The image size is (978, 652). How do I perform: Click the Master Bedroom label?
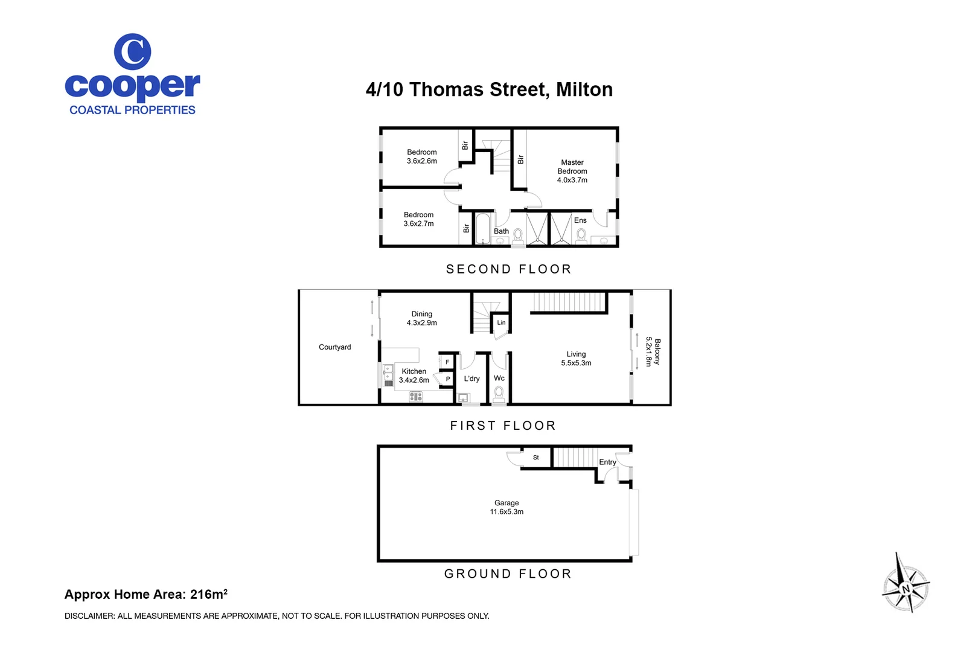tap(572, 171)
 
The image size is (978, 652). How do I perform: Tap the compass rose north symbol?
tap(905, 587)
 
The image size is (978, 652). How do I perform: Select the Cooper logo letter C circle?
tap(132, 52)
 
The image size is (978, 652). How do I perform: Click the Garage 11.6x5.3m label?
tap(507, 507)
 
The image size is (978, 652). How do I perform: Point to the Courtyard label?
tap(334, 347)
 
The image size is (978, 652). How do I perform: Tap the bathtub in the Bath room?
tap(482, 229)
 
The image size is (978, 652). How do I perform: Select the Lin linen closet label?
tap(501, 322)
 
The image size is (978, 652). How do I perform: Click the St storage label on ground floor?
tap(535, 458)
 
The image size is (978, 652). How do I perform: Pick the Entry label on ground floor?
tap(607, 462)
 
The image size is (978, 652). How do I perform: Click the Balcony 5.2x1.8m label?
tap(653, 351)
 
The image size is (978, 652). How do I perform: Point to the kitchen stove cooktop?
tap(415, 397)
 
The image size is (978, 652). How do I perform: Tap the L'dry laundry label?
tap(471, 379)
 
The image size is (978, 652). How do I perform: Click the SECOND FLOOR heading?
tap(508, 269)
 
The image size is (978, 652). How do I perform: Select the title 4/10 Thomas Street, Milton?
tap(489, 89)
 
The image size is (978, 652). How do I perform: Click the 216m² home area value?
tap(208, 594)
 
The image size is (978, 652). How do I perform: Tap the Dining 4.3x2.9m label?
tap(421, 318)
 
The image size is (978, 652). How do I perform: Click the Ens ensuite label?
tap(580, 220)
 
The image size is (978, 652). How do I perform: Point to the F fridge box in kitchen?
tap(447, 362)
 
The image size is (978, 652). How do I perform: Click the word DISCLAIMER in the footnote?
tap(89, 616)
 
